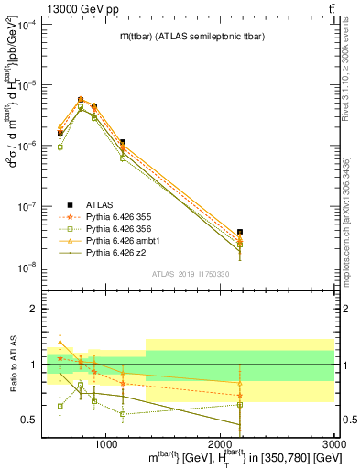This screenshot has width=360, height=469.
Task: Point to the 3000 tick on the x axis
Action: point(334,442)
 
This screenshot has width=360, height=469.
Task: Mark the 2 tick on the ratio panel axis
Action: point(38,310)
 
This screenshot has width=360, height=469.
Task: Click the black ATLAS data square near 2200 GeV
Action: point(240,233)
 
